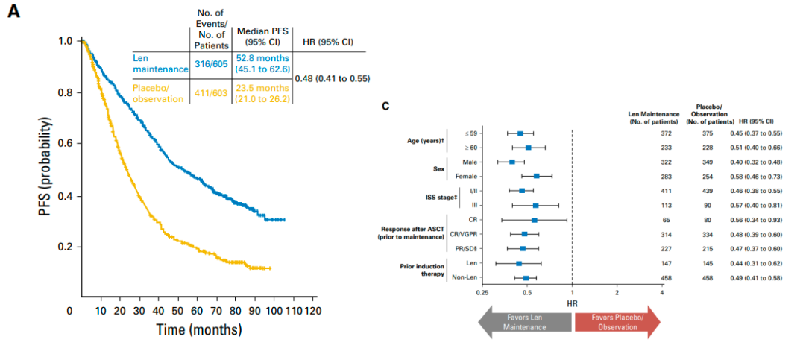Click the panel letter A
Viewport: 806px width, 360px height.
pos(13,13)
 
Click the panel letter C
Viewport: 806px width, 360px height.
pos(385,106)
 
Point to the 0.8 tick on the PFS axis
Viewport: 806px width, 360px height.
pos(66,93)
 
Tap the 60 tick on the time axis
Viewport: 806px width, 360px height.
pos(196,310)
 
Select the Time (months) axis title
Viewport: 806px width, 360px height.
pos(198,329)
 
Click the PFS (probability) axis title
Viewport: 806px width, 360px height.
pos(46,166)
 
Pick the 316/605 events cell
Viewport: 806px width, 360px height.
pos(211,64)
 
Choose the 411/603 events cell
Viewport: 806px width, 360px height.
pos(211,93)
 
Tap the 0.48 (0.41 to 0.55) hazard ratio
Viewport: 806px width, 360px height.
pos(333,78)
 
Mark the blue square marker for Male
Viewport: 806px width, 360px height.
pos(512,162)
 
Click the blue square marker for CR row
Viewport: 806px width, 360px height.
pos(534,220)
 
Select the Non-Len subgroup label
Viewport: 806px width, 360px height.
pos(465,278)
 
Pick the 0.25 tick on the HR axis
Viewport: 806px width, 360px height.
pos(482,292)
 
